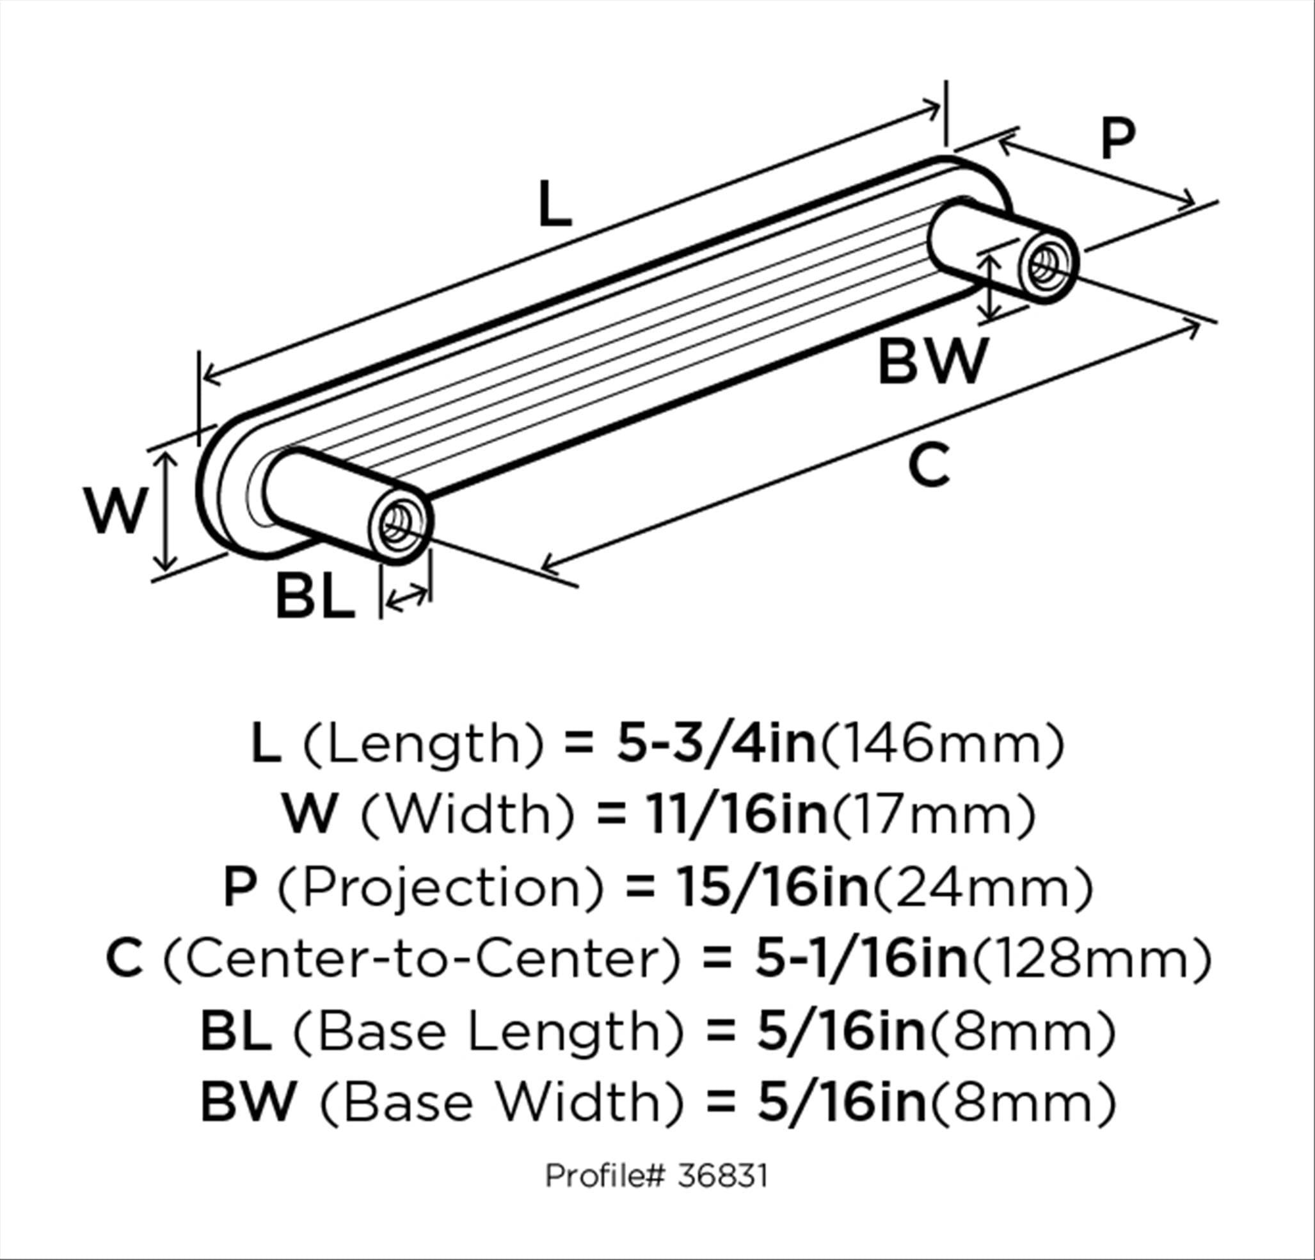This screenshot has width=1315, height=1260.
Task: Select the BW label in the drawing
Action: [x=933, y=361]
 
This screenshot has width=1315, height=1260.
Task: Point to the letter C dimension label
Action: [x=929, y=465]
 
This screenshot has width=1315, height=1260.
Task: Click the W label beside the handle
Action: [x=115, y=512]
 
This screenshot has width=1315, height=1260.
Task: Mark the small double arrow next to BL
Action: [x=407, y=597]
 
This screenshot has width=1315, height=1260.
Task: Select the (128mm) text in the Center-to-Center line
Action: [x=1092, y=960]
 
